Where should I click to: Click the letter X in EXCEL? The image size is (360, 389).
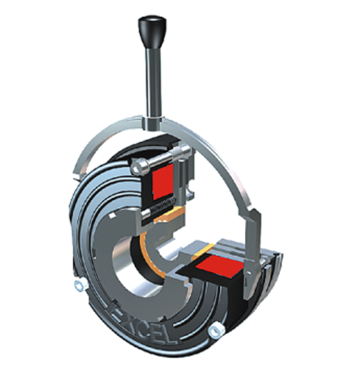tap(127, 313)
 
